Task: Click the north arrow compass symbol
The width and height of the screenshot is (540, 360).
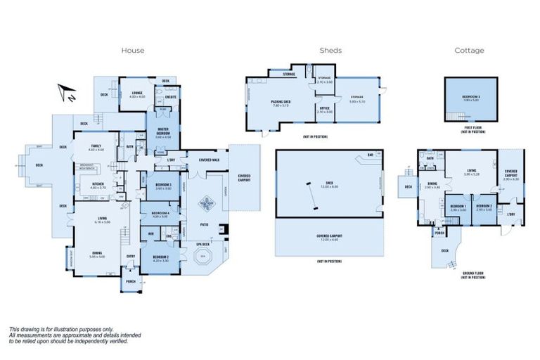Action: pos(67,91)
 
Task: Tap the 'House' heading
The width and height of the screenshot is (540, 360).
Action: pos(133,50)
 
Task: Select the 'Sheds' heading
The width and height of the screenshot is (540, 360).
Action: pos(330,50)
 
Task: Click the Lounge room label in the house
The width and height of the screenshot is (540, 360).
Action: pos(136,95)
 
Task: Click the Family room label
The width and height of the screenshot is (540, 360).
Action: pos(96,148)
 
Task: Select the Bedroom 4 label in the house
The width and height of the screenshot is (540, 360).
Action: pos(160,214)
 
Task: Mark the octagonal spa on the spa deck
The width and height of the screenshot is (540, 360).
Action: pos(202,257)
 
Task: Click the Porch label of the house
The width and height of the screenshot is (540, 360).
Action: pos(130,282)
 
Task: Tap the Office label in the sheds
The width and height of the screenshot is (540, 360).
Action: pos(324,110)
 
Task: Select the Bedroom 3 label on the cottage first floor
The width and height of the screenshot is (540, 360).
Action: pos(470,99)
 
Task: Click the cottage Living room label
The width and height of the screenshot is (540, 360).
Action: pos(472,172)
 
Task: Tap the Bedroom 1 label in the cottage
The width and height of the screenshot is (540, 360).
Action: pos(458,208)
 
